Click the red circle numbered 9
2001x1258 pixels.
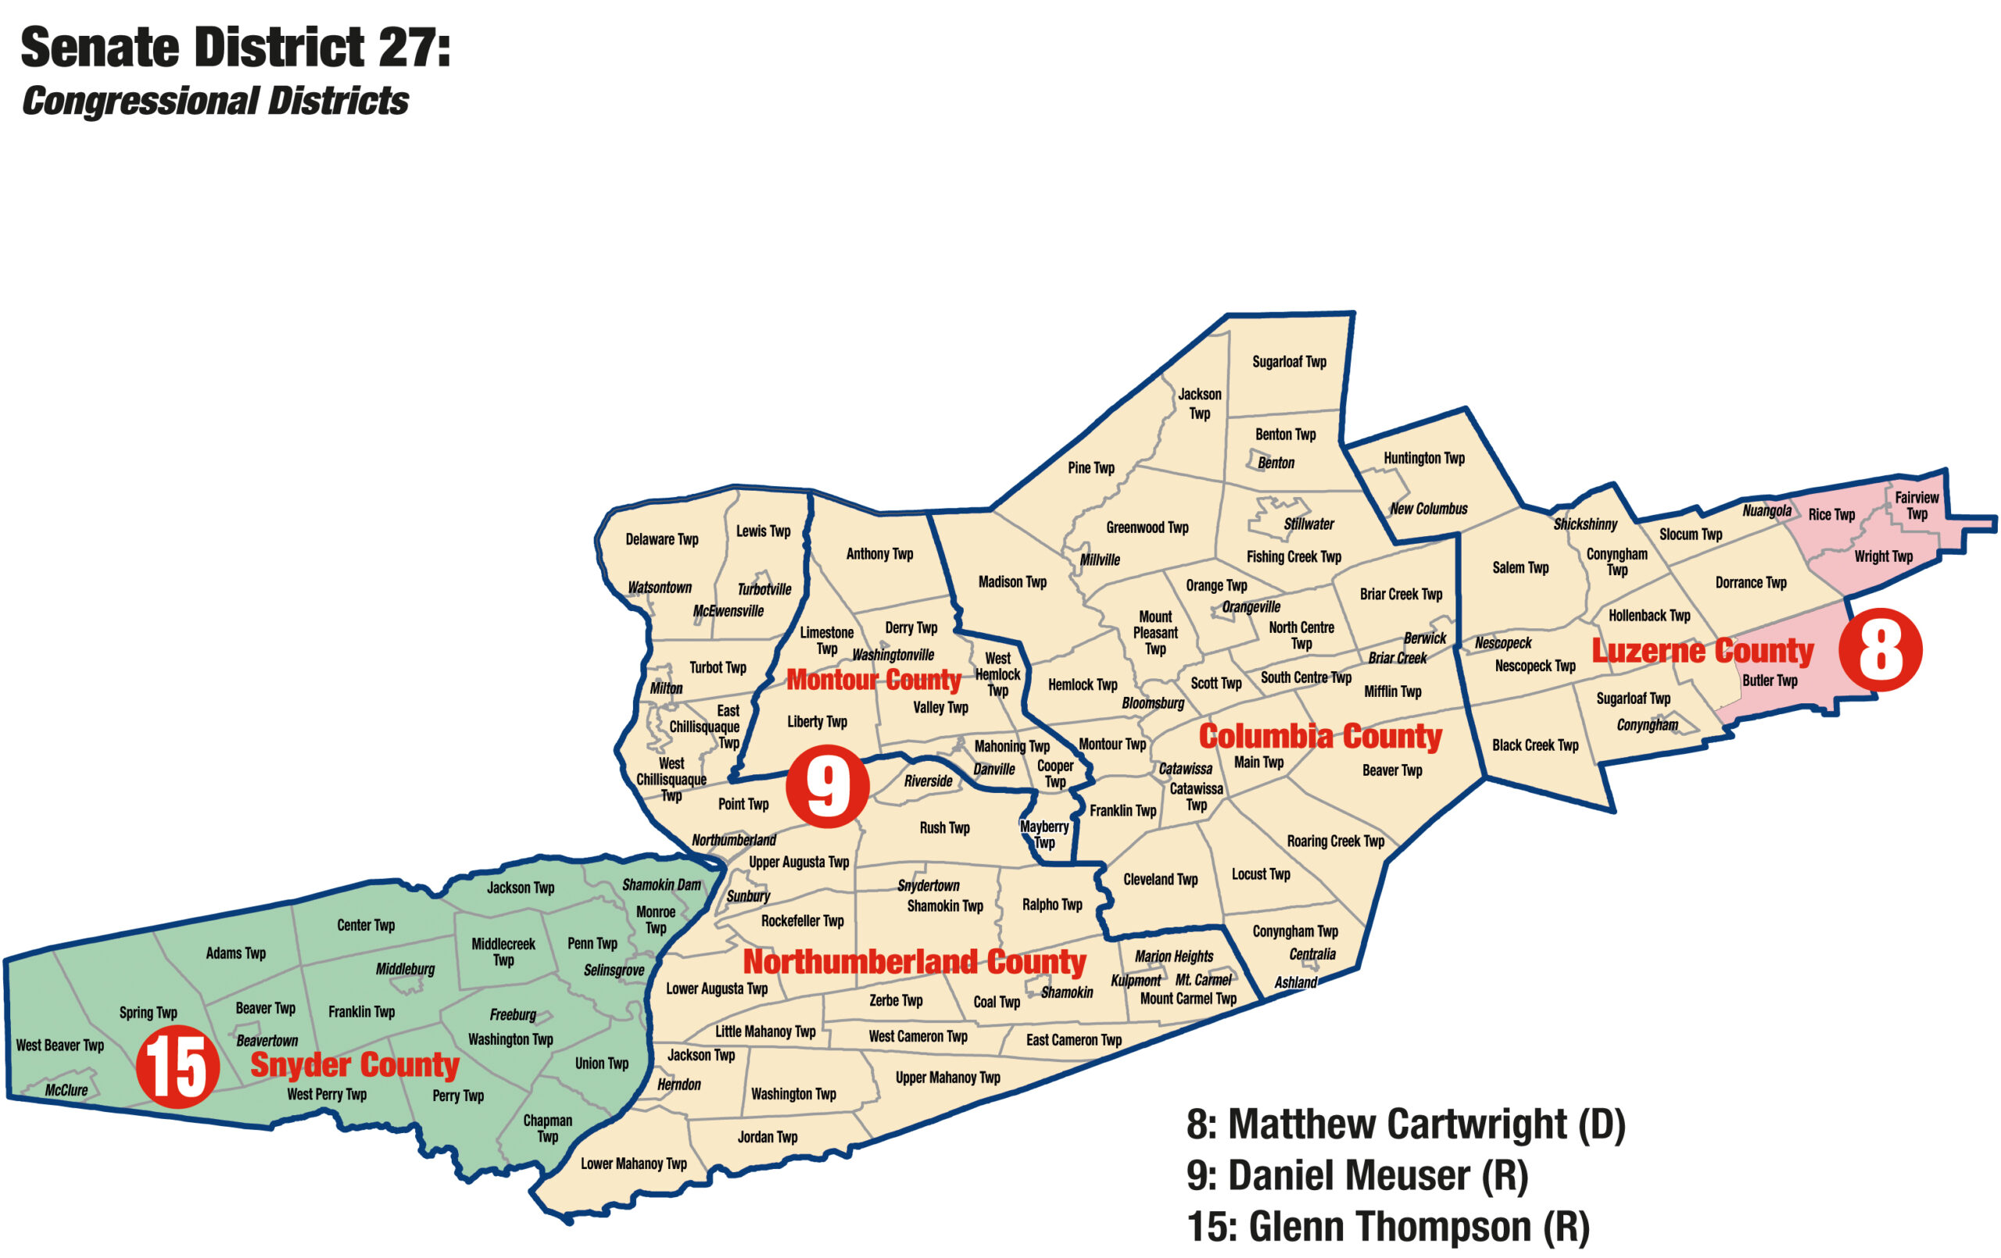coord(827,785)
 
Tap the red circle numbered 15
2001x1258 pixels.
coord(177,1066)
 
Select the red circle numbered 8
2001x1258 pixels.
coord(1881,650)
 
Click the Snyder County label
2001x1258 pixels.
coord(355,1064)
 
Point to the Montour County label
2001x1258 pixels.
coord(873,680)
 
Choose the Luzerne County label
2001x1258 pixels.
coord(1702,651)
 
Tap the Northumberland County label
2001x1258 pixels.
coord(914,961)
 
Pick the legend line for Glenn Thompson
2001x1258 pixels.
coord(1388,1228)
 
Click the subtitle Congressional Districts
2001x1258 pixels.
coord(215,102)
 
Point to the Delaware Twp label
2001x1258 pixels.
coord(661,539)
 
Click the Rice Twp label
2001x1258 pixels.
coord(1831,514)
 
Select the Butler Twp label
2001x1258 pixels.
coord(1770,681)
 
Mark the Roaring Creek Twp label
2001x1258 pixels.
coord(1335,841)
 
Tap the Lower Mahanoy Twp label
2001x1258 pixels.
coord(633,1164)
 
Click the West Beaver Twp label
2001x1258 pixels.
coord(60,1045)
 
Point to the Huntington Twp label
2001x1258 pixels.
coord(1424,458)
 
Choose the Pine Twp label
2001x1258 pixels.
coord(1091,468)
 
